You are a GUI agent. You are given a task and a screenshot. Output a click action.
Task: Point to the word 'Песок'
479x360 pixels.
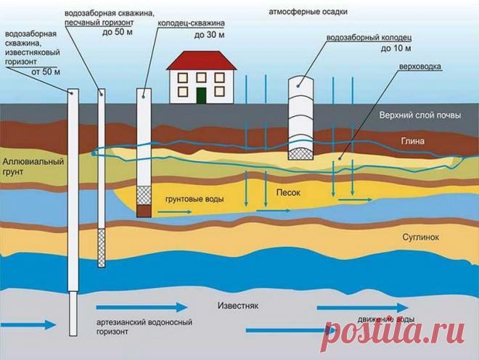point(287,195)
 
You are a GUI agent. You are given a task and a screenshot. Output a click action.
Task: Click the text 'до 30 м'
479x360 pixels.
point(209,35)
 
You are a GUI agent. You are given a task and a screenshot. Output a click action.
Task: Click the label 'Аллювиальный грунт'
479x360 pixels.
point(30,166)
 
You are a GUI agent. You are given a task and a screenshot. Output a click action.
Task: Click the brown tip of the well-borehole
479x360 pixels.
point(144,210)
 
